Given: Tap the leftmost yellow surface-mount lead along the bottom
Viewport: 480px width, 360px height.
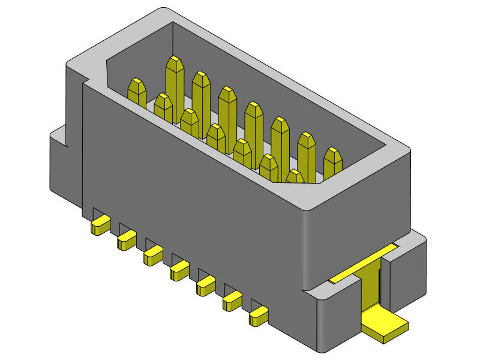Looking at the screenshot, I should coord(99,226).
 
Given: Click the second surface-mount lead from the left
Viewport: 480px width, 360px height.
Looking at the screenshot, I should coord(126,241).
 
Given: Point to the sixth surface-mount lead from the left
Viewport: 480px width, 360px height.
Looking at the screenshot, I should coord(232,302).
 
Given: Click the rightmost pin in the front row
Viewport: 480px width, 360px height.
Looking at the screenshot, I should coord(295,176).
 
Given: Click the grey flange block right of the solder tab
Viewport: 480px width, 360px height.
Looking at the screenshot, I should coord(408,270).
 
